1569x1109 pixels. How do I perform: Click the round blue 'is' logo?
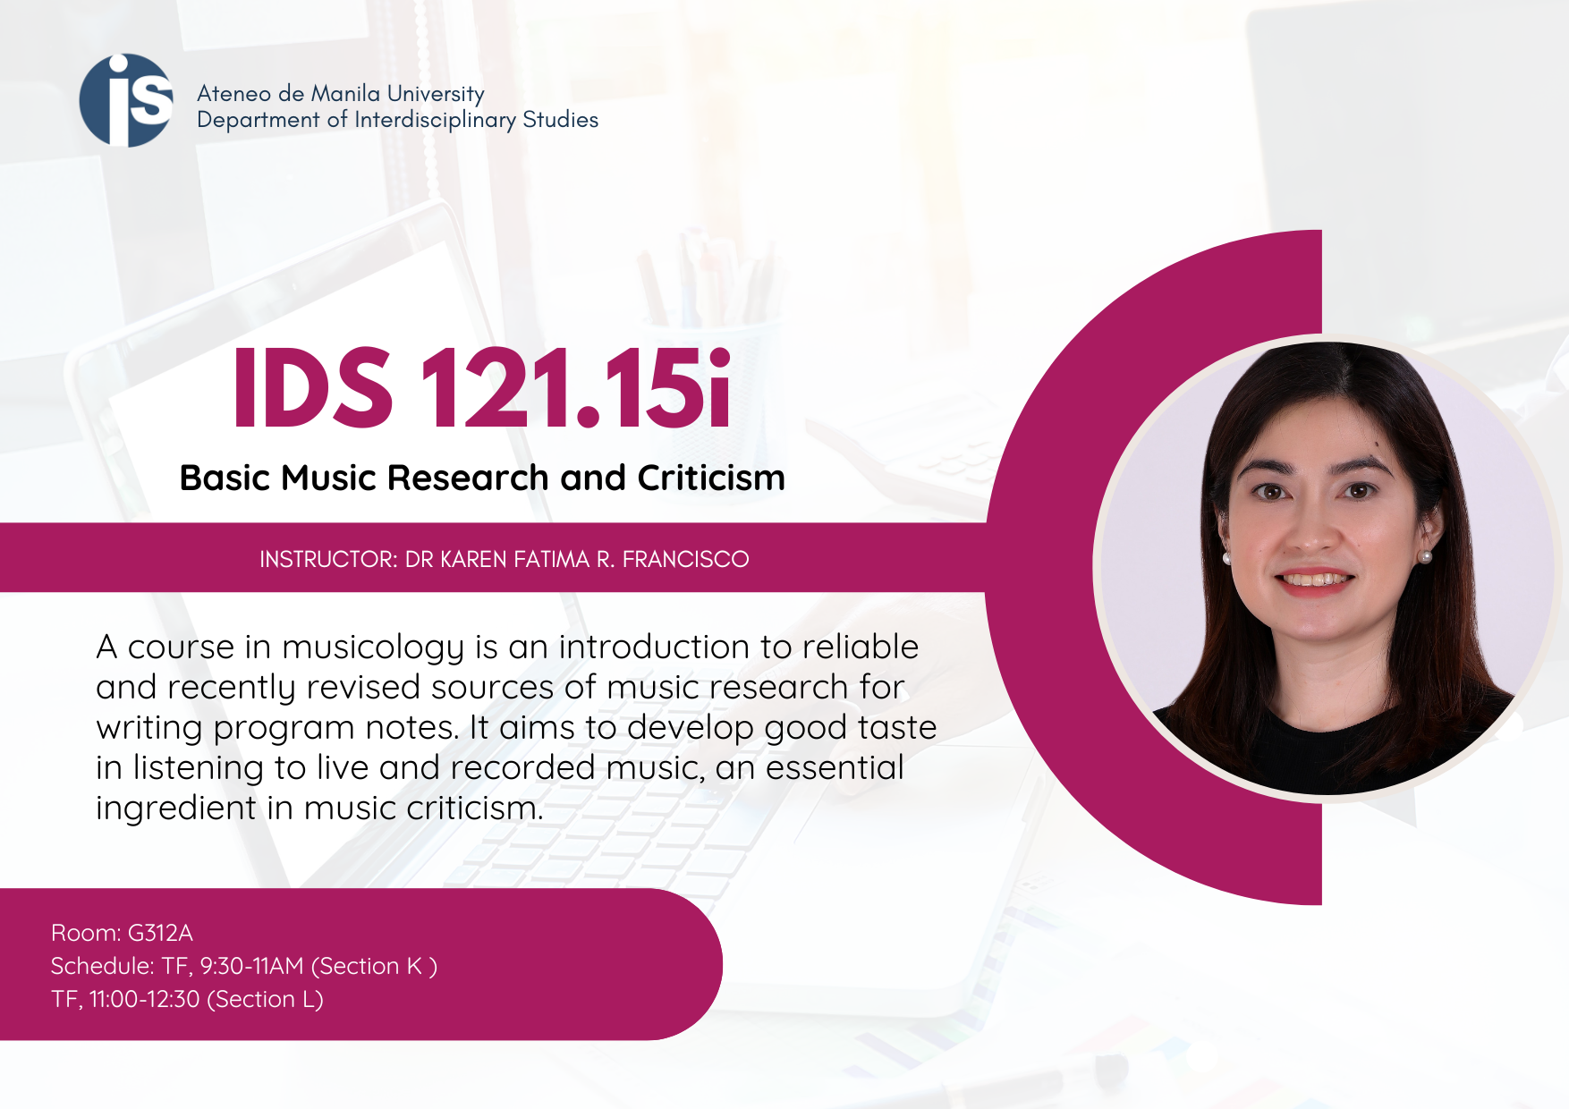[x=126, y=100]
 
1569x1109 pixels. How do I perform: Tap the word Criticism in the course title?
[x=711, y=478]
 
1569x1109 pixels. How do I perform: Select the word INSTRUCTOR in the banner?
[x=327, y=560]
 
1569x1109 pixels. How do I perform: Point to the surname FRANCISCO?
[x=685, y=560]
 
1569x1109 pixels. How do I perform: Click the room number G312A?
[x=160, y=933]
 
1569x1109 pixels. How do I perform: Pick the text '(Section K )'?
[x=374, y=967]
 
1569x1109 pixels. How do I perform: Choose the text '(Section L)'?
[x=265, y=999]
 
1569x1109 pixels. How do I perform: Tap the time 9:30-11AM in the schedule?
[x=251, y=967]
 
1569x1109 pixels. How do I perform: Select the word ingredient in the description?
[x=176, y=808]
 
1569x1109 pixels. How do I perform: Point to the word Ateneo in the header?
[x=233, y=94]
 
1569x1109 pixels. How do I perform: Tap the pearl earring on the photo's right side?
[x=1426, y=556]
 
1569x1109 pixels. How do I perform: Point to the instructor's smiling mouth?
[x=1314, y=580]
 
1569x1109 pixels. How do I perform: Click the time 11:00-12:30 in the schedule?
[x=144, y=999]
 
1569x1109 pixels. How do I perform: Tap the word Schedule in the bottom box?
[x=103, y=967]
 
